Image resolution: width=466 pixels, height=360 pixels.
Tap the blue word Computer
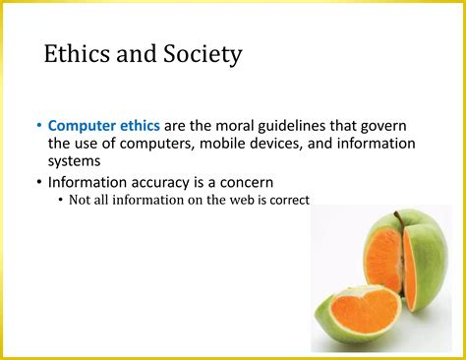coord(85,126)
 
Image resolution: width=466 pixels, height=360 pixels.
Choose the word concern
coord(271,182)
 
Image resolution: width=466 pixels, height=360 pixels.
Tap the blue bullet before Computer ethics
coord(38,126)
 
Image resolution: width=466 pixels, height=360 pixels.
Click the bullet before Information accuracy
coord(38,182)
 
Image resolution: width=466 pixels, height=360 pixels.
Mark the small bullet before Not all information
coord(61,200)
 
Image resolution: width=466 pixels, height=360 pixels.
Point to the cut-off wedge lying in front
coord(359,312)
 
